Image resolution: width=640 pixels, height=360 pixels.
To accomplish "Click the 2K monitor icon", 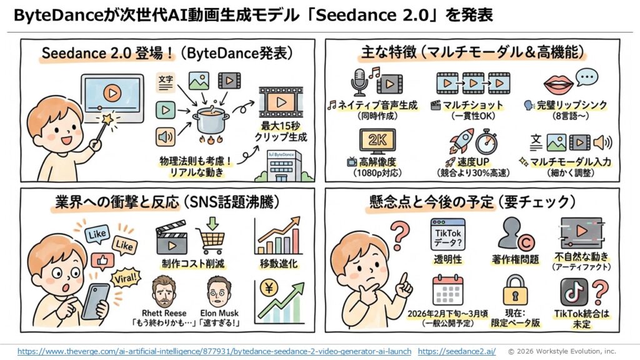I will coord(377,141).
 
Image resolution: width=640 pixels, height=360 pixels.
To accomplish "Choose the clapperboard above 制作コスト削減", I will coord(172,237).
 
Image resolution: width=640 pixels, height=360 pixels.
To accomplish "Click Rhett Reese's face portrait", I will coord(164,289).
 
